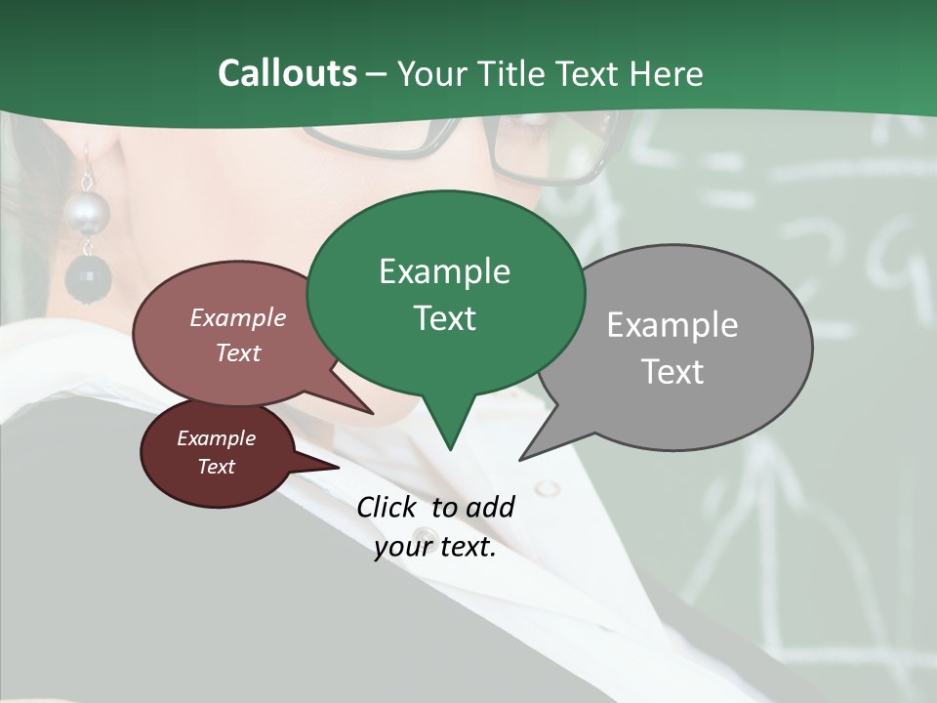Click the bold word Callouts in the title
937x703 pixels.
click(x=287, y=73)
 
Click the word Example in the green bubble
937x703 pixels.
click(x=444, y=271)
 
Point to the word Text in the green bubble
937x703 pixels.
click(x=444, y=318)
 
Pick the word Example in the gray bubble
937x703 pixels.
click(x=672, y=324)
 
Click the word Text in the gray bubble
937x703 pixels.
click(x=672, y=372)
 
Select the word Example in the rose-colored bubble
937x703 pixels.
click(x=237, y=317)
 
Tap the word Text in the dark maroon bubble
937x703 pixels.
click(x=216, y=467)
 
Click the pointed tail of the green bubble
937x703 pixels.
click(x=449, y=439)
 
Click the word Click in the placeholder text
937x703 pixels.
click(x=388, y=507)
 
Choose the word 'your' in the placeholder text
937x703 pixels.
click(x=401, y=547)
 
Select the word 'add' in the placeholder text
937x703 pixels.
click(x=489, y=507)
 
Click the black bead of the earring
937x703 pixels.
click(x=88, y=278)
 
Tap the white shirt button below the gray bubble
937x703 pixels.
click(x=547, y=486)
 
